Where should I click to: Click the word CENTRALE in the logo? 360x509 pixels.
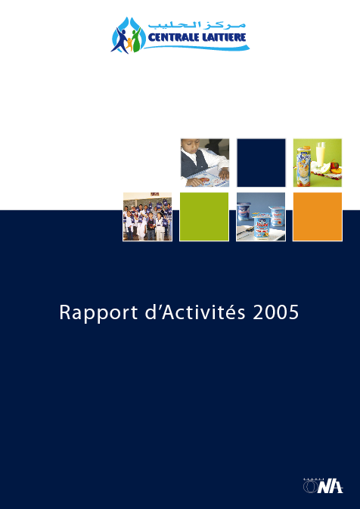pyautogui.click(x=172, y=37)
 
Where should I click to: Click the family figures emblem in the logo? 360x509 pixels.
pyautogui.click(x=128, y=35)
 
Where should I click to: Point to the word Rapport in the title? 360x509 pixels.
pyautogui.click(x=98, y=313)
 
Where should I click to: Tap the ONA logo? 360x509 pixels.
pyautogui.click(x=323, y=486)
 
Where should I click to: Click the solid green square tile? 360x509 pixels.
pyautogui.click(x=204, y=216)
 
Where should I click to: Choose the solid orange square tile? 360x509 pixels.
pyautogui.click(x=318, y=216)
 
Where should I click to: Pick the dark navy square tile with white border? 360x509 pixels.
pyautogui.click(x=261, y=163)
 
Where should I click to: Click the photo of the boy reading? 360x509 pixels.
pyautogui.click(x=205, y=163)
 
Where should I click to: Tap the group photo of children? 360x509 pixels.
pyautogui.click(x=147, y=216)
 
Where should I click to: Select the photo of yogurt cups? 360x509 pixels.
pyautogui.click(x=261, y=216)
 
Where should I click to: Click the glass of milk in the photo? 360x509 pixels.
pyautogui.click(x=321, y=154)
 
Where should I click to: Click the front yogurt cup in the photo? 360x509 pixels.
pyautogui.click(x=262, y=225)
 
